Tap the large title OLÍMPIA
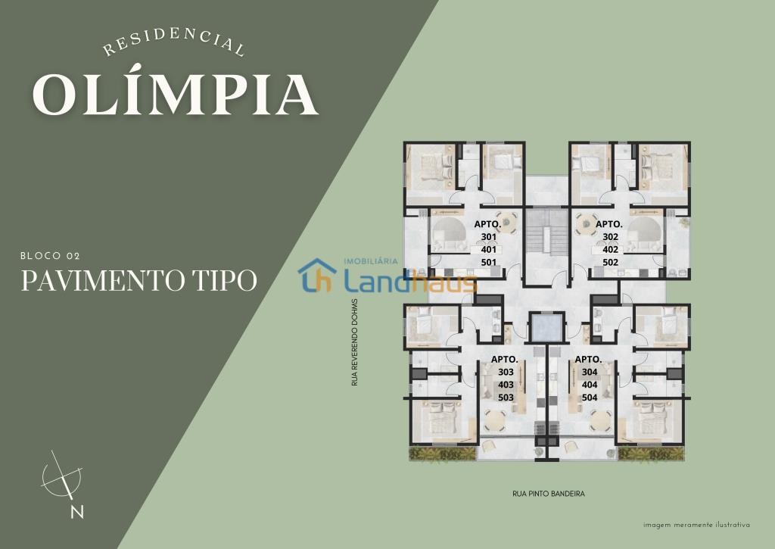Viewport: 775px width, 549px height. pyautogui.click(x=176, y=95)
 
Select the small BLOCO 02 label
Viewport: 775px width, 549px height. pyautogui.click(x=50, y=256)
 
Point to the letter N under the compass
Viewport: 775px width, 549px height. pyautogui.click(x=76, y=512)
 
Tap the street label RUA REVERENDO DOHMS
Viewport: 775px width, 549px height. pyautogui.click(x=354, y=342)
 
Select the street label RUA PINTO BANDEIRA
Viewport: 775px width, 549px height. pyautogui.click(x=549, y=494)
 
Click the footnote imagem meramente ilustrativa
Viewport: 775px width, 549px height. pyautogui.click(x=696, y=525)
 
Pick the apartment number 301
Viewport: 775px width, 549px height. pyautogui.click(x=488, y=237)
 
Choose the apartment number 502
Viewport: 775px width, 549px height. pyautogui.click(x=611, y=263)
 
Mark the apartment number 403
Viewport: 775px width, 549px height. pyautogui.click(x=506, y=385)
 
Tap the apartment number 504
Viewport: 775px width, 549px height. pyautogui.click(x=590, y=398)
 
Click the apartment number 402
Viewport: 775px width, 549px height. pyautogui.click(x=611, y=250)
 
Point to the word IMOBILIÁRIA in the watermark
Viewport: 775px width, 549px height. pyautogui.click(x=370, y=261)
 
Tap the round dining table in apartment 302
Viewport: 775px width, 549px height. pyautogui.click(x=587, y=223)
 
